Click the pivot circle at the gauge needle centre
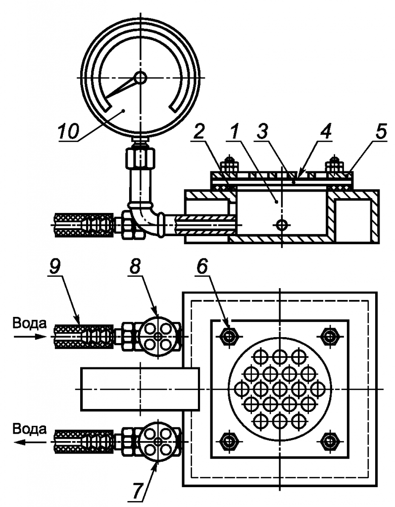coord(140,77)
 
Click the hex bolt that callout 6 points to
coord(229,336)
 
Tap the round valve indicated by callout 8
coord(158,336)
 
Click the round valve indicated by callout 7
coord(158,441)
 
